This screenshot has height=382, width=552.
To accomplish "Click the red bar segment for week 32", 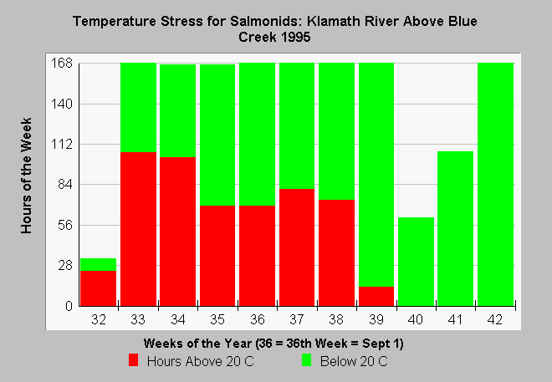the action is [98, 288].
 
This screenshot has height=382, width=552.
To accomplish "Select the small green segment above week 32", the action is [98, 264].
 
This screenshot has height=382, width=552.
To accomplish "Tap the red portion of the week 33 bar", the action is [138, 229].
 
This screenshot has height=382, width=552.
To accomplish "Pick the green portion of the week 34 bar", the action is [178, 110].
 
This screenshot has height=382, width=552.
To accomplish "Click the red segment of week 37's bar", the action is [297, 247].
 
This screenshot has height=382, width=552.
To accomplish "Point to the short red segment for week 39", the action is [376, 296].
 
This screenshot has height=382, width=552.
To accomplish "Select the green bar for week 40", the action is [417, 262].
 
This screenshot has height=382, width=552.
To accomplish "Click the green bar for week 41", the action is [456, 229].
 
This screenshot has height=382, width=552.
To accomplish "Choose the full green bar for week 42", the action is [496, 185].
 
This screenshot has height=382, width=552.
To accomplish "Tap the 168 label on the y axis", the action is [62, 64].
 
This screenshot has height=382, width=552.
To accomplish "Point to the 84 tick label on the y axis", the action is [64, 185].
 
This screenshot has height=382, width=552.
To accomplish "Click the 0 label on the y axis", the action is [69, 306].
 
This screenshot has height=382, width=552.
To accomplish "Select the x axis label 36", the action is [258, 319].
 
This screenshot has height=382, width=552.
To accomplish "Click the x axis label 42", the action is [495, 319].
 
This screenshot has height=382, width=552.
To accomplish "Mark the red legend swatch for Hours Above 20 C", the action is [134, 360].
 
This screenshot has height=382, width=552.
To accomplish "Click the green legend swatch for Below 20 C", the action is [307, 360].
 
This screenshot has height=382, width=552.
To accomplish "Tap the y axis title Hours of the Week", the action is [27, 176].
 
